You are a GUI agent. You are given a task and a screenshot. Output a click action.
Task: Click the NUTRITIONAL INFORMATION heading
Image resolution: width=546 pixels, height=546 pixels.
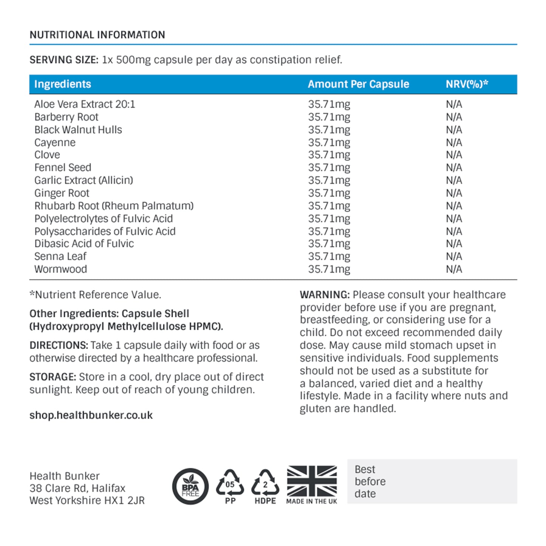coord(97,35)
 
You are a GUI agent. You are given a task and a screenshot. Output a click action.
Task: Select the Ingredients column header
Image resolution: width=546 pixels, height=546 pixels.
coord(63,84)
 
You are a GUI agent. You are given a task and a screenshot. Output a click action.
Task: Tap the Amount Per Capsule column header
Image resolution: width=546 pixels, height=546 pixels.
coord(358,84)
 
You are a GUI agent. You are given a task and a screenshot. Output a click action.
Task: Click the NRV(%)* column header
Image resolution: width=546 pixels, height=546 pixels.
coord(467,84)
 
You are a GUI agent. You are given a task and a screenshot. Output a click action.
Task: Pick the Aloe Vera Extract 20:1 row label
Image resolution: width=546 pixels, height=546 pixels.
coord(85,104)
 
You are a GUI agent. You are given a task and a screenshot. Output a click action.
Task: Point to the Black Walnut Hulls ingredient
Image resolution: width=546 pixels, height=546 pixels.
coord(78,130)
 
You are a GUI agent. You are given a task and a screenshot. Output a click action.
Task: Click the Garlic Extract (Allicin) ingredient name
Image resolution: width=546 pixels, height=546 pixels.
coord(84,180)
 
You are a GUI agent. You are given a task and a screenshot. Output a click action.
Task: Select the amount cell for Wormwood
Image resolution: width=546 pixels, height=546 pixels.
coord(329,269)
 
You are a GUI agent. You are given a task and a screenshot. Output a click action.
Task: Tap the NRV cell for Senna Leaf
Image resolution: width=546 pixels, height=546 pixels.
coord(454,256)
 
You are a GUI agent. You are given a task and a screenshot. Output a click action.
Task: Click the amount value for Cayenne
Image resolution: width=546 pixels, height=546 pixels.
coord(329,142)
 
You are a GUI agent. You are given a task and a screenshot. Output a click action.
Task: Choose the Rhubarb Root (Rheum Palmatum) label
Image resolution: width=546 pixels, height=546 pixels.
coord(114,206)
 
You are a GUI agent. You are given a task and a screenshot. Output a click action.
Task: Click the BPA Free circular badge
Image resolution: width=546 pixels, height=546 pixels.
coord(190,487)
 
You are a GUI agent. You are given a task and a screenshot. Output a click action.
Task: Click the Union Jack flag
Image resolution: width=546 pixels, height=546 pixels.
coord(312,481)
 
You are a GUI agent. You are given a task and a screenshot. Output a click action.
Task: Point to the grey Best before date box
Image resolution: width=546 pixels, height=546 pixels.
coord(432,481)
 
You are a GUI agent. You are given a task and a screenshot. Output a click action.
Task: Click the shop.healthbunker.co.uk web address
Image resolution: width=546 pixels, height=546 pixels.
coord(91,415)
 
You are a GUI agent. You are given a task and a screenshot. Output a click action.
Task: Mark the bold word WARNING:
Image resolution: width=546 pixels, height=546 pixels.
coord(325,295)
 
